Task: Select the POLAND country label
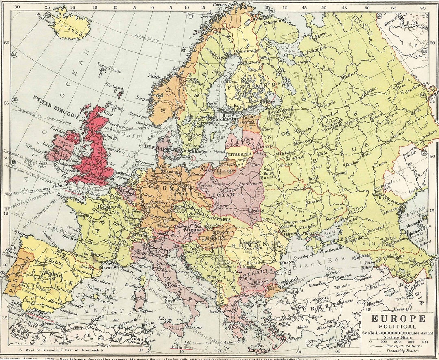[x=229, y=195]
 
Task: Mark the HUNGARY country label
[x=212, y=238]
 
